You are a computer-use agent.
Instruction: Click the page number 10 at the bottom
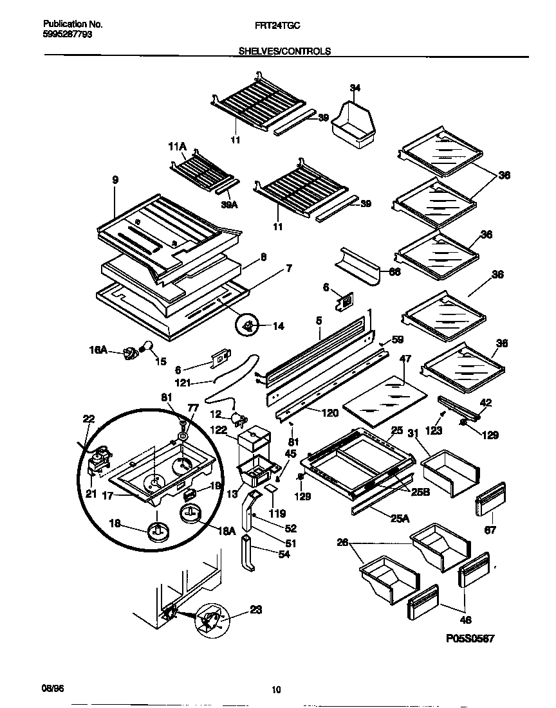click(x=277, y=690)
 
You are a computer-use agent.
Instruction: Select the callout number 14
click(x=278, y=326)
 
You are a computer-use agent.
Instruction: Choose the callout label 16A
click(x=98, y=351)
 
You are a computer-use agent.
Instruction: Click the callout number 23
click(x=255, y=610)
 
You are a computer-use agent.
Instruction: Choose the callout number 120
click(x=329, y=413)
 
